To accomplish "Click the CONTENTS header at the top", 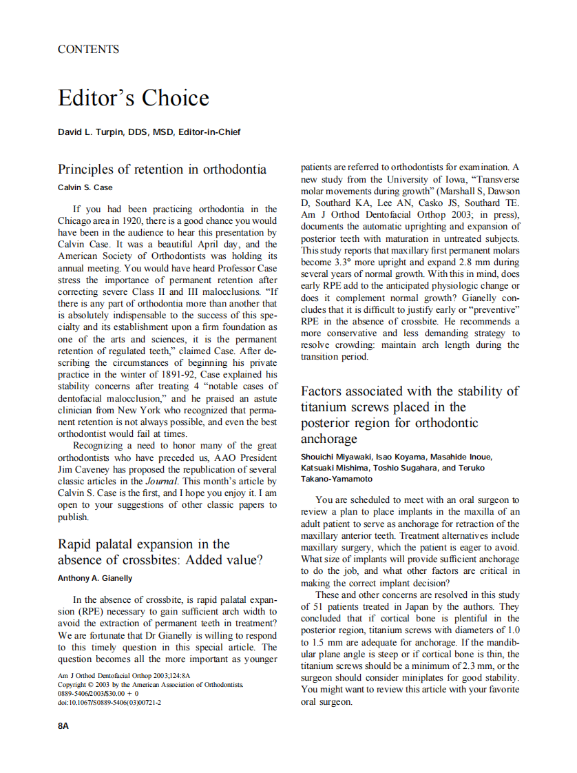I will tap(88, 49).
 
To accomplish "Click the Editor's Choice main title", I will tap(133, 98).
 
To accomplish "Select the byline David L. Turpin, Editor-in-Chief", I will tap(149, 132).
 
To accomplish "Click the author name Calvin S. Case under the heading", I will tap(85, 187).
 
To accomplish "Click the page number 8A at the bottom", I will tap(63, 726).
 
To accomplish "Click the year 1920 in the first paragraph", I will tap(136, 221).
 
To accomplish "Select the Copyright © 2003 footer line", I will tap(151, 685).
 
